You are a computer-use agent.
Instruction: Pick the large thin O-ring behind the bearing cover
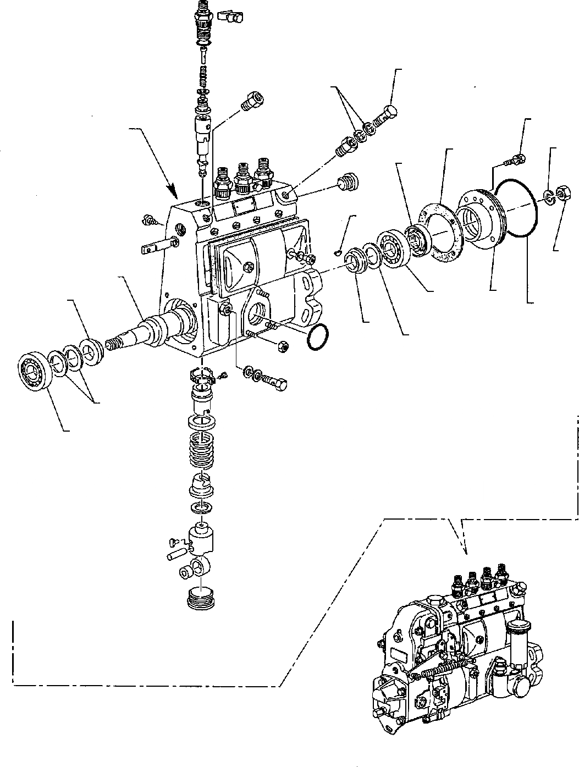pos(515,208)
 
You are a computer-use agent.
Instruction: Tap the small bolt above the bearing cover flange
pos(515,160)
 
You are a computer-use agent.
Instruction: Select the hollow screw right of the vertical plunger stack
pos(252,101)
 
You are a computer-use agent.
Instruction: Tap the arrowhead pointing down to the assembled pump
pos(465,549)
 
